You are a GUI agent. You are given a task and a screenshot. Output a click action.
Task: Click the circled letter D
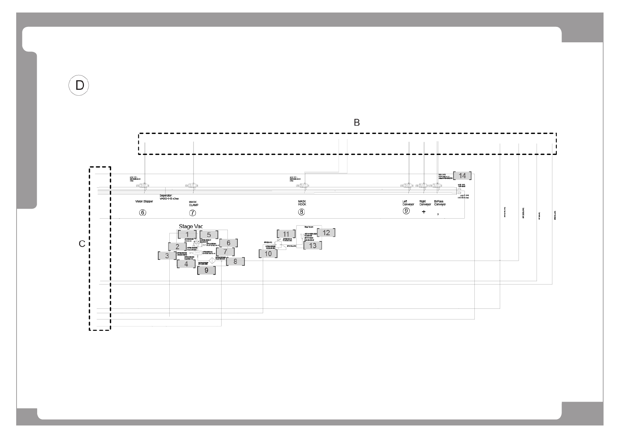click(79, 85)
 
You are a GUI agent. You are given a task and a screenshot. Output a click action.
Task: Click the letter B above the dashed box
click(357, 123)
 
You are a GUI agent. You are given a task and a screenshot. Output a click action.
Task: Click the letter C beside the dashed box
click(82, 244)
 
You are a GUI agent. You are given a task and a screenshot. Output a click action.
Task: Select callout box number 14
click(462, 176)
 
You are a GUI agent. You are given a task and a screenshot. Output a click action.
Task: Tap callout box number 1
click(187, 234)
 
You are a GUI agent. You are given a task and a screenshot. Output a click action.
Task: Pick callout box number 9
click(206, 270)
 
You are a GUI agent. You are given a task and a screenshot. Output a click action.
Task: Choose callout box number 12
click(326, 233)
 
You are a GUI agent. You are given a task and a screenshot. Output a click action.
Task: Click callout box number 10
click(268, 254)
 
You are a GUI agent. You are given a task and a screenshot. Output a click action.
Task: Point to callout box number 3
click(167, 255)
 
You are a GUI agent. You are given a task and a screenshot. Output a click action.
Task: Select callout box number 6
click(229, 243)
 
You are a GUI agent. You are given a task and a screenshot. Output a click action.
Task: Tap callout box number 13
click(312, 245)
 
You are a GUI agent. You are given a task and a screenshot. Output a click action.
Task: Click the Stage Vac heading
click(191, 226)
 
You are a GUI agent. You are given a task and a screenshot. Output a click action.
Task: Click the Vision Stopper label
click(144, 201)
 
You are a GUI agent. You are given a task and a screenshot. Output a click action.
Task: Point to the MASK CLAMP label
click(194, 203)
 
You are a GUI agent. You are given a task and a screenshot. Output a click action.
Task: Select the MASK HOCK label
click(302, 203)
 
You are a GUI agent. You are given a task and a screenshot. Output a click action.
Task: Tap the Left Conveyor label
click(408, 203)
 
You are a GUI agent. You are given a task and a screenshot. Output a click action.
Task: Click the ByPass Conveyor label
click(440, 203)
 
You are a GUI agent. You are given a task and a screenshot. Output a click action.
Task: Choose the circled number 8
click(302, 212)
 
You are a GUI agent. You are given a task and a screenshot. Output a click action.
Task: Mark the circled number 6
click(142, 212)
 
